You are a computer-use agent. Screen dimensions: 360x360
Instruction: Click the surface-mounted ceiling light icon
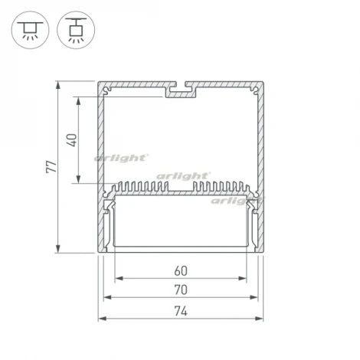pos(28,29)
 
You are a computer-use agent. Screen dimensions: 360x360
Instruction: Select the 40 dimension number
pos(72,140)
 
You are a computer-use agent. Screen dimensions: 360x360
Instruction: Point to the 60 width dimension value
pos(181,270)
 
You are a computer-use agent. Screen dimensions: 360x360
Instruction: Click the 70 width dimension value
pos(181,290)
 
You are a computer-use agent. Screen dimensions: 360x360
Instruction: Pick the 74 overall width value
pos(181,311)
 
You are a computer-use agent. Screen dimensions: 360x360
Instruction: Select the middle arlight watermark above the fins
pos(182,177)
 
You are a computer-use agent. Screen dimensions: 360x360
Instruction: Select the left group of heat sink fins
pos(141,186)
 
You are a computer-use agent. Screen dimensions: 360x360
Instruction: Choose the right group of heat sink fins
pos(222,186)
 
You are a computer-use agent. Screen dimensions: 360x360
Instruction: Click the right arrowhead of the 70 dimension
pos(256,299)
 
